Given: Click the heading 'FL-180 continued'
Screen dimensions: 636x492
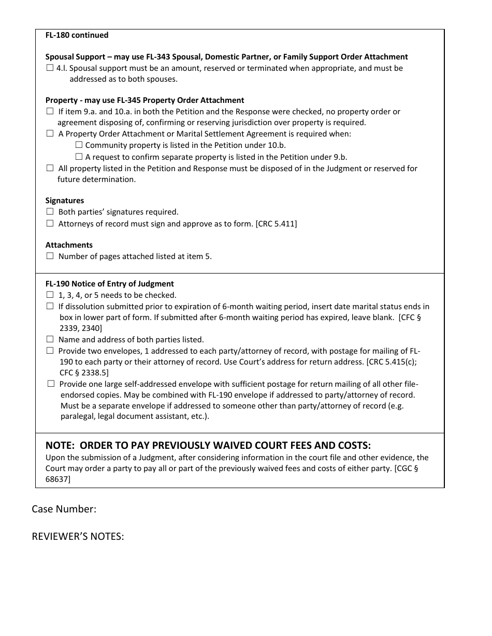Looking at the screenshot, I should [x=77, y=35].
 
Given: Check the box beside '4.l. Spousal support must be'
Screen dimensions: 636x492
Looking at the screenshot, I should [x=50, y=68].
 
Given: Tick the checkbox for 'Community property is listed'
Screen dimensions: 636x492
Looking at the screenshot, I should [x=79, y=145].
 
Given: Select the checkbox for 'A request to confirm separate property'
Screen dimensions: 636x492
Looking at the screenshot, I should [x=79, y=157].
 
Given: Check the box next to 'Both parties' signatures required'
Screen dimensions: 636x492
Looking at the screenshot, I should [x=50, y=211].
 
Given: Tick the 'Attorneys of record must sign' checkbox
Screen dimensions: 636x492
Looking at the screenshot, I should [x=50, y=223].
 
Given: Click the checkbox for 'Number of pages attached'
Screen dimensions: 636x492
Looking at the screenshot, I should [x=50, y=256].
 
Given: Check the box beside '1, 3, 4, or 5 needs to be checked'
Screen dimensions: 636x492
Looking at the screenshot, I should [x=50, y=295].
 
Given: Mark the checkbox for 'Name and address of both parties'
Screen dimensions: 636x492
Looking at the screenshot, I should [x=50, y=339].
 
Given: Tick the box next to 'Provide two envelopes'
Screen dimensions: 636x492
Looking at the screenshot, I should [x=50, y=351].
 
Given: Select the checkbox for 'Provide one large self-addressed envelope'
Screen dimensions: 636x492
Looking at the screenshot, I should [x=51, y=384].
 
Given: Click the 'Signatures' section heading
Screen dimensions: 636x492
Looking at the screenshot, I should [x=64, y=201].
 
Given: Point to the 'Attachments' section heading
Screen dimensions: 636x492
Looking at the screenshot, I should [x=69, y=245].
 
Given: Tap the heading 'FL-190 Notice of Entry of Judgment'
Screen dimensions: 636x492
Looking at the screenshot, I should [x=109, y=284].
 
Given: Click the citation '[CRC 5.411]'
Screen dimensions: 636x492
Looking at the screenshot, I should [x=276, y=224].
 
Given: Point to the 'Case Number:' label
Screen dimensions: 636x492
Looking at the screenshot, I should [x=64, y=509].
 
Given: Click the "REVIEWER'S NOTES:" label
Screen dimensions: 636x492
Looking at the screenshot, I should [x=78, y=537].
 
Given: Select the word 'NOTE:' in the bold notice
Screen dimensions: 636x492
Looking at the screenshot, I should [x=61, y=446].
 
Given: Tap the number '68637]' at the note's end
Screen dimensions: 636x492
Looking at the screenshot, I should [x=58, y=479].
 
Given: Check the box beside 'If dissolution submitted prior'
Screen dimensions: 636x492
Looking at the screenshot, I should [x=50, y=306].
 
